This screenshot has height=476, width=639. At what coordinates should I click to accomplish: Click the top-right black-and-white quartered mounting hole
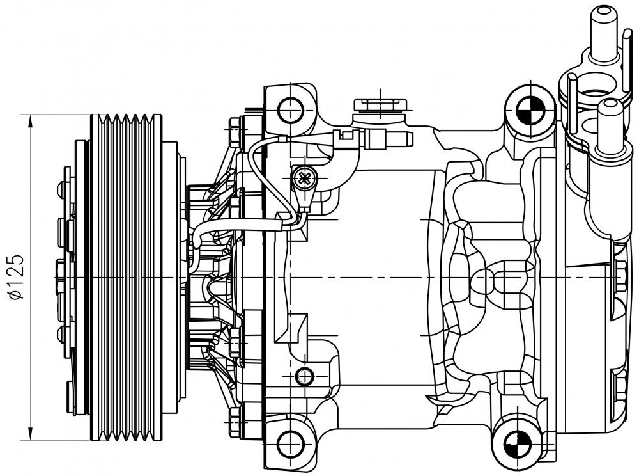pos(528,109)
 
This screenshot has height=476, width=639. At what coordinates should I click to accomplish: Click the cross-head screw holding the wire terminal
pos(304,178)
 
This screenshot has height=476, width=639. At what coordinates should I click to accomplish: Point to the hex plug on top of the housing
pos(380,104)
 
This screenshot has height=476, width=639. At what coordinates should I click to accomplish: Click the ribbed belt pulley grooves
pos(126,278)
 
